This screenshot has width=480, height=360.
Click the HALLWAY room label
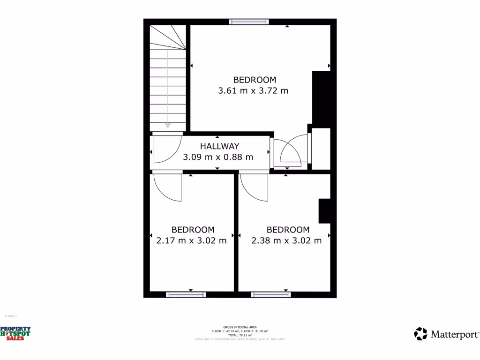click(219, 146)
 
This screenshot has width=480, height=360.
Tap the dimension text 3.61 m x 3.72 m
click(253, 90)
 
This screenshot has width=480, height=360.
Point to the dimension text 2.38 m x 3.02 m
click(286, 240)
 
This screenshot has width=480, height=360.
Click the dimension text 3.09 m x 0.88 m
click(218, 157)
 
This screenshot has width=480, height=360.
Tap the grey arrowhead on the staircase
click(167, 125)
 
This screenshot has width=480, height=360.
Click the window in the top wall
click(249, 22)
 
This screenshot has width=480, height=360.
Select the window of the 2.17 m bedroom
click(186, 294)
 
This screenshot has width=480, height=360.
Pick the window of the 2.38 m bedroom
click(270, 294)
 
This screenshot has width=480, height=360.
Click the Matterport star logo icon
click(420, 334)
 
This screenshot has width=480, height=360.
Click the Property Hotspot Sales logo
click(15, 333)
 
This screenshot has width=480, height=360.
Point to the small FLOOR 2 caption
click(10, 316)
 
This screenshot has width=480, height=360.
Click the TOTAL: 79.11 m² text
click(240, 335)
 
